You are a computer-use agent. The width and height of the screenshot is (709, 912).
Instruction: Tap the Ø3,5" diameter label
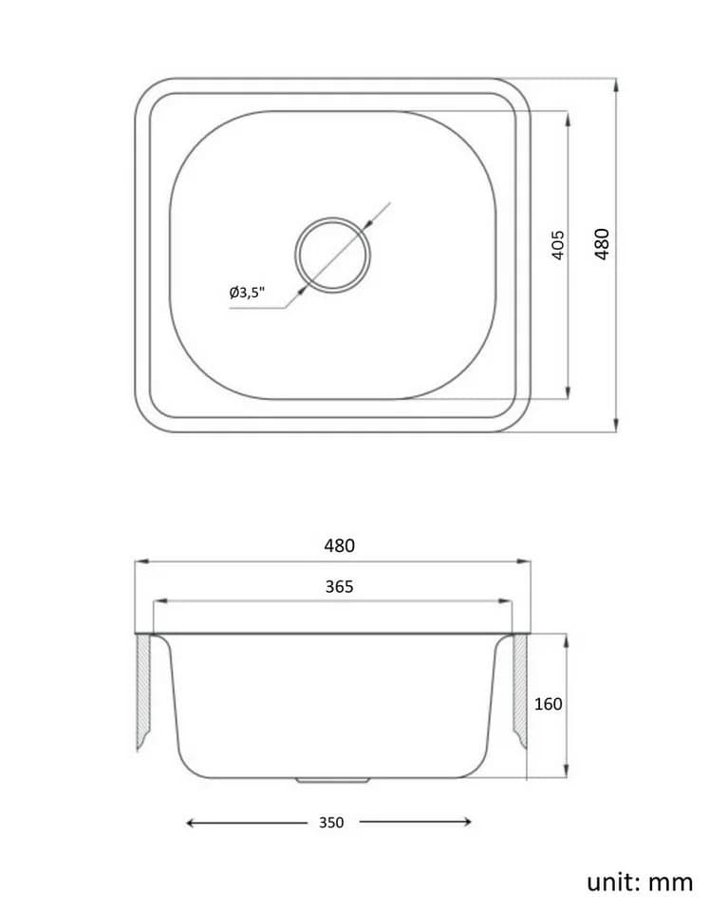click(247, 292)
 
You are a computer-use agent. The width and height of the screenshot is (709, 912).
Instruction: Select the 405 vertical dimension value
click(557, 245)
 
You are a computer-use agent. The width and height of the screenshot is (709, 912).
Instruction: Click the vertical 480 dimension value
click(602, 244)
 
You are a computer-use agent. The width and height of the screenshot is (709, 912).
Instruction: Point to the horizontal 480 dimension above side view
click(340, 545)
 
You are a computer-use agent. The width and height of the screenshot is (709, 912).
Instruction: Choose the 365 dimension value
click(340, 586)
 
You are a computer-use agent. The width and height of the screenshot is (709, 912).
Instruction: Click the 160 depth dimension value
click(548, 704)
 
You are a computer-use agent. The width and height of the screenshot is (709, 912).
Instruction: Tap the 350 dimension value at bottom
click(331, 823)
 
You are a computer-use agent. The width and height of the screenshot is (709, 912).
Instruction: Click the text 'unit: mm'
click(640, 882)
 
